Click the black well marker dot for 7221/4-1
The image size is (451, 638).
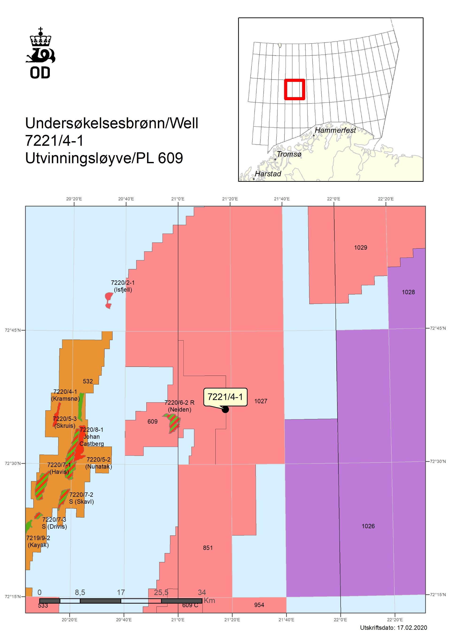point(225,409)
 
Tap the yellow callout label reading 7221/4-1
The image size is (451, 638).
point(225,397)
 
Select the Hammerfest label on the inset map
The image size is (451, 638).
point(335,130)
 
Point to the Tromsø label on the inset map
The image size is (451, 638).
point(289,154)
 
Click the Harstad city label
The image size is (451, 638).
point(268,174)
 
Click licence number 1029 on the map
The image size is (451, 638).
point(361,247)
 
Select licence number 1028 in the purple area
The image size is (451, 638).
point(408,292)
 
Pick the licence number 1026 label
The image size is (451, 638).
point(368,526)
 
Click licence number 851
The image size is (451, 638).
point(208,548)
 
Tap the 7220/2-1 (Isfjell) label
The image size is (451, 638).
point(123,286)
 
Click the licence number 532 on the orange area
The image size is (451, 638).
point(88,381)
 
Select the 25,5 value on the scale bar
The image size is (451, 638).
point(161,592)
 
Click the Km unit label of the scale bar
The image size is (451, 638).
point(209,600)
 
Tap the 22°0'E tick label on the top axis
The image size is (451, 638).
point(334,199)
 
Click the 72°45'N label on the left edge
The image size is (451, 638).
point(12,330)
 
